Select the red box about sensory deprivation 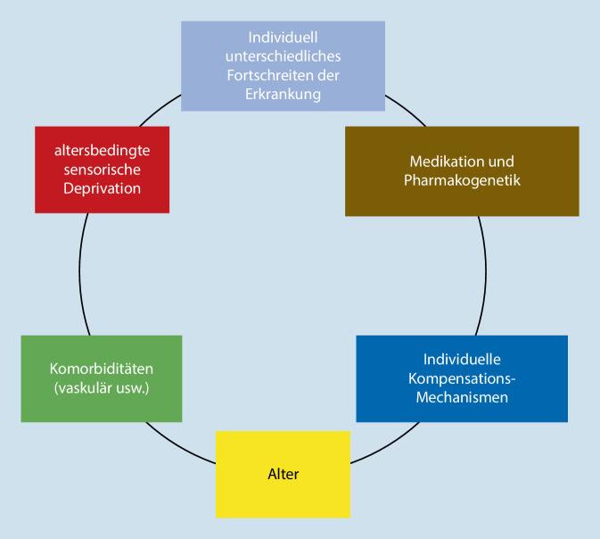pyautogui.click(x=102, y=170)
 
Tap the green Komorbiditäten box pyautogui.click(x=101, y=378)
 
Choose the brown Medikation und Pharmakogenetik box pyautogui.click(x=462, y=170)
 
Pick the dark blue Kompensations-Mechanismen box pyautogui.click(x=461, y=378)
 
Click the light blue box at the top pyautogui.click(x=283, y=66)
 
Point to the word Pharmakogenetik pyautogui.click(x=462, y=180)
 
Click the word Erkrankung pyautogui.click(x=284, y=93)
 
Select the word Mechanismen pyautogui.click(x=462, y=397)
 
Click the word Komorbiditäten pyautogui.click(x=102, y=369)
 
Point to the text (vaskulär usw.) pyautogui.click(x=102, y=387)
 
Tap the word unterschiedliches pyautogui.click(x=284, y=57)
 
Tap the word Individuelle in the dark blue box pyautogui.click(x=462, y=360)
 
